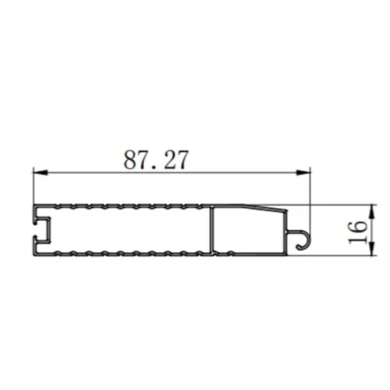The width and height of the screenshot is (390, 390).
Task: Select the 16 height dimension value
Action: click(x=356, y=230)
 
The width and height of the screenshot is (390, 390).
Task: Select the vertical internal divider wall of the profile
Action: click(x=212, y=230)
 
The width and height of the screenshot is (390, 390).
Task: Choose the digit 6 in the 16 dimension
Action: click(x=356, y=224)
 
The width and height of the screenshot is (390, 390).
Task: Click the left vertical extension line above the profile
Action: click(x=32, y=187)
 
